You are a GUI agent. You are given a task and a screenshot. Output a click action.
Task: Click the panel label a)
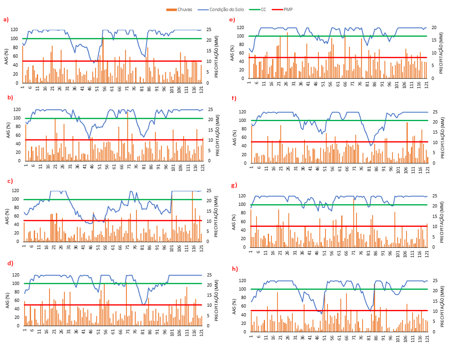point(6,19)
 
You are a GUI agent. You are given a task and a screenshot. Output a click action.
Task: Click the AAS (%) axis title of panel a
point(7,56)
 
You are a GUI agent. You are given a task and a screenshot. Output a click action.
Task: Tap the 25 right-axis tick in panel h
point(438,280)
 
